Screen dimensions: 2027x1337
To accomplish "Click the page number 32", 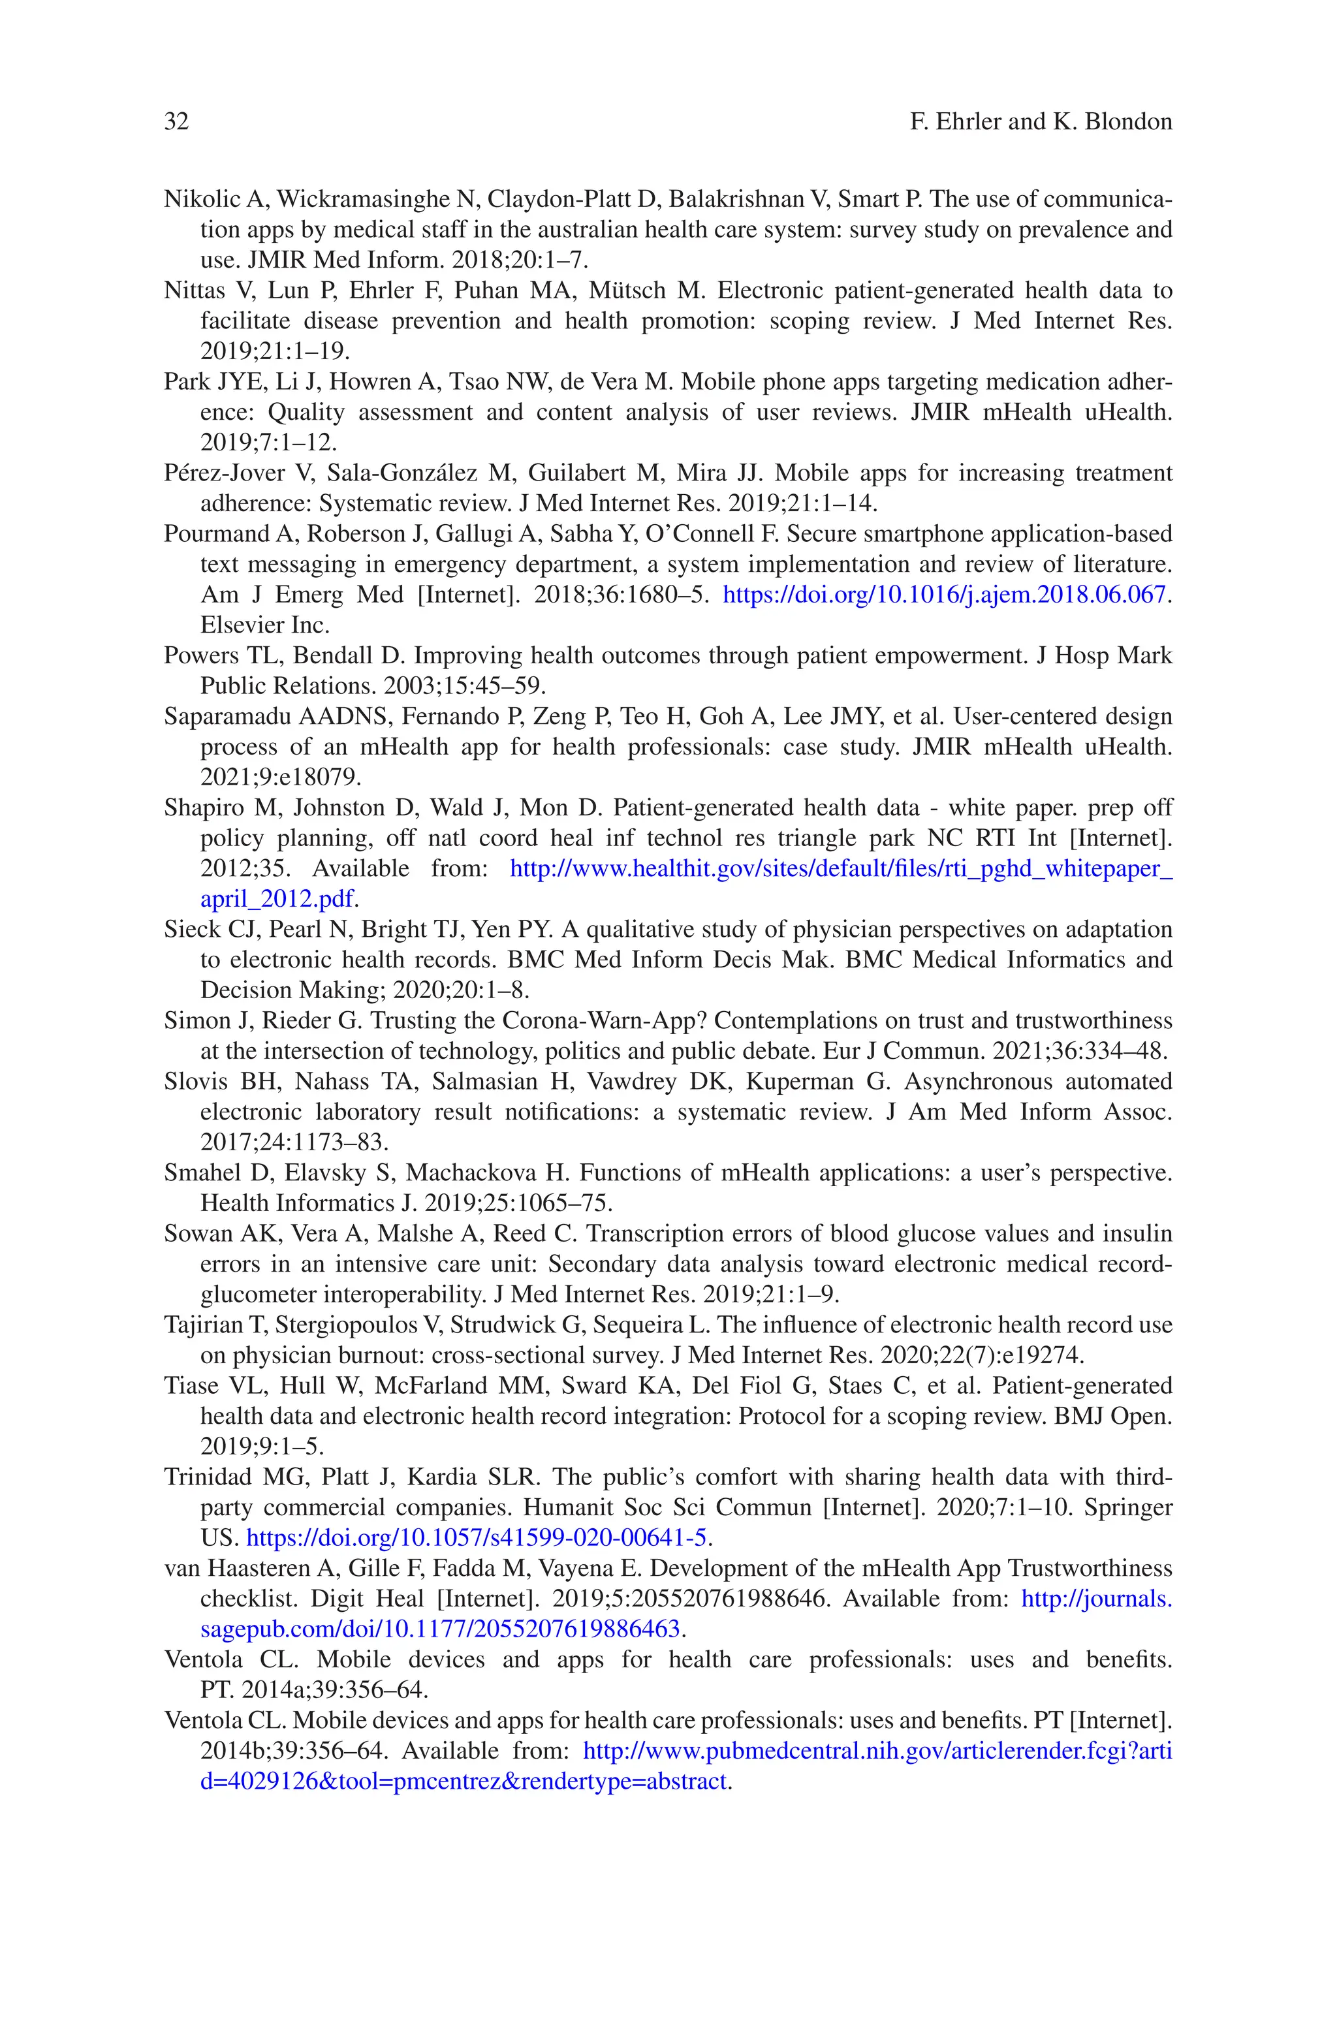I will pos(176,122).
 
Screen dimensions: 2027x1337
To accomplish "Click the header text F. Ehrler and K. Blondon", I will pos(1040,122).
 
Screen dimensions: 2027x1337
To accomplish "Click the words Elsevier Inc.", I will pos(264,625).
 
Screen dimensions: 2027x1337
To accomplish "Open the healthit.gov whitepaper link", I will pos(840,870).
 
